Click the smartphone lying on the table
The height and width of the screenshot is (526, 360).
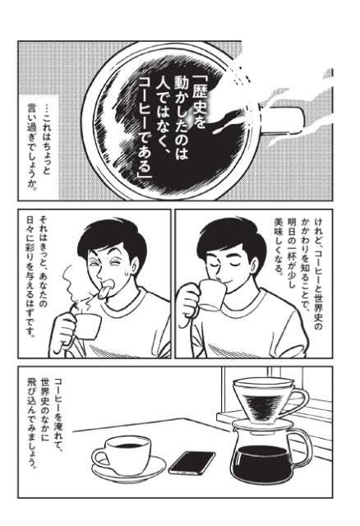pyautogui.click(x=192, y=463)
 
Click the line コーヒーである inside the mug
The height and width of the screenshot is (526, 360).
pyautogui.click(x=146, y=128)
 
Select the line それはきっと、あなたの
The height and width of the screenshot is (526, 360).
pyautogui.click(x=44, y=260)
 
